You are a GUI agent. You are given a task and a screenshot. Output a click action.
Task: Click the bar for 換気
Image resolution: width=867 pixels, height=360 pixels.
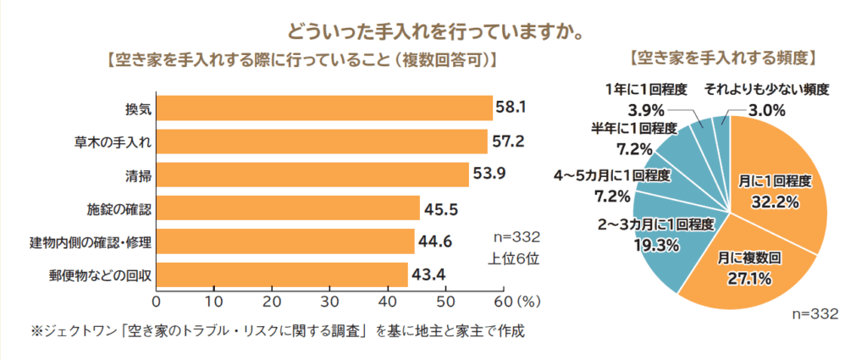point(324,108)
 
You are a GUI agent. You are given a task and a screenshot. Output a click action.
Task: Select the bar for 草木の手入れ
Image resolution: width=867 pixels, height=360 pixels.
point(322,141)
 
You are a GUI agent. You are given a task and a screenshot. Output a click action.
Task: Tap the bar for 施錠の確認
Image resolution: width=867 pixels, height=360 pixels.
point(288,208)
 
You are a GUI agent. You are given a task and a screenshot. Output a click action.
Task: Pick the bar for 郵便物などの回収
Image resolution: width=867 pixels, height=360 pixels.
point(283,274)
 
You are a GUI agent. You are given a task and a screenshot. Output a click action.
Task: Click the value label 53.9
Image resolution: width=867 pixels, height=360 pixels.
point(490,174)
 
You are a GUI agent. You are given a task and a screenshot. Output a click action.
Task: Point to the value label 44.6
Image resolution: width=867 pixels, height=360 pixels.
point(434,241)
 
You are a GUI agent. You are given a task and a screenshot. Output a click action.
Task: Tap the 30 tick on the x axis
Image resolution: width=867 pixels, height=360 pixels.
point(330,301)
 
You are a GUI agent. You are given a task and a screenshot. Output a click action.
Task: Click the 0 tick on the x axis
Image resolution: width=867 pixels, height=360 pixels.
point(157,301)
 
